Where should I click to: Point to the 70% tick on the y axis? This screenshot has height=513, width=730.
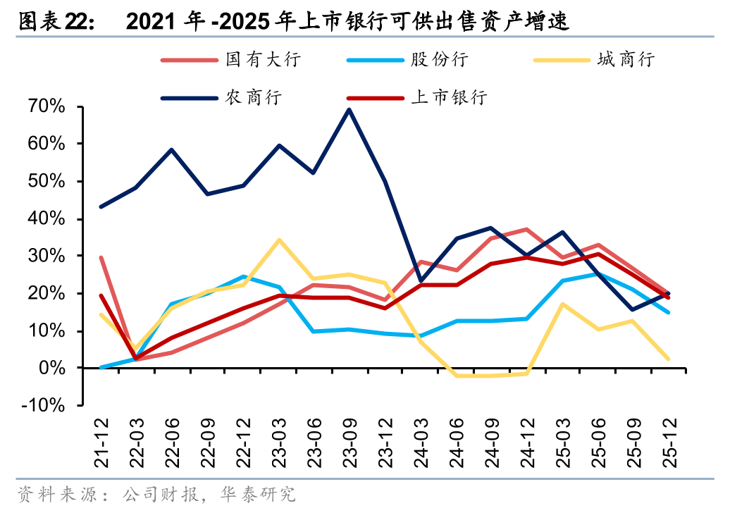(x=47, y=106)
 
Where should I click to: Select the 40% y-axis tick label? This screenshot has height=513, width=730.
(x=47, y=219)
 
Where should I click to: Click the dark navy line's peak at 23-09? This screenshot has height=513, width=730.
(x=349, y=109)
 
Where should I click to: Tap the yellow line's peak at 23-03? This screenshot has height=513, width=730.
(x=279, y=240)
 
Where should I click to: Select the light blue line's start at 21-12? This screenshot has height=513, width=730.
(x=102, y=368)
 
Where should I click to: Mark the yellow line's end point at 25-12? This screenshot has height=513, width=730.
(x=667, y=359)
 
